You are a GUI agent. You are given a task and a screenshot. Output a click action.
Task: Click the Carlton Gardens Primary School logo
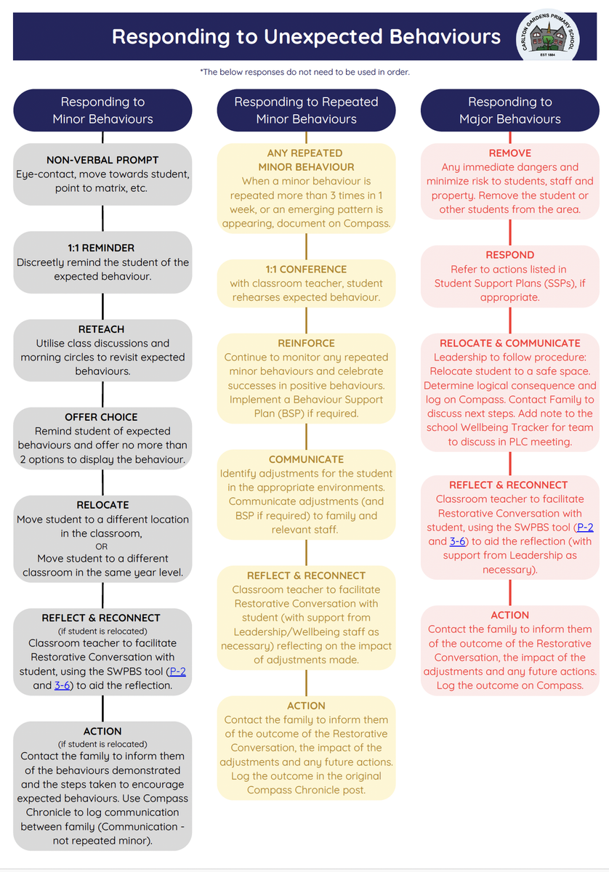click(547, 36)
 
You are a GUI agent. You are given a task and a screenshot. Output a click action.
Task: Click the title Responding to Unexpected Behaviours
click(306, 36)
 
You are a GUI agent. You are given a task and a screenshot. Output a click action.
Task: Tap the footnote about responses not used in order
click(304, 72)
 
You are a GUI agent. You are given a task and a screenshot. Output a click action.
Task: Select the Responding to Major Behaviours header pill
click(509, 110)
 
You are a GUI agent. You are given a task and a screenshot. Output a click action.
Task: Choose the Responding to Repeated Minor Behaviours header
click(306, 110)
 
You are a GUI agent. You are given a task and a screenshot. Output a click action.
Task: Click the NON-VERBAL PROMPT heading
click(102, 160)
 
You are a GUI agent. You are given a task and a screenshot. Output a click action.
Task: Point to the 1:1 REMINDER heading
click(101, 248)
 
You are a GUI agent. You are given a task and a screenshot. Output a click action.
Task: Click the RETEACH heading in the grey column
click(101, 329)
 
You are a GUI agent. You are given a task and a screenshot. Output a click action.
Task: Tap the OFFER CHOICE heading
click(101, 417)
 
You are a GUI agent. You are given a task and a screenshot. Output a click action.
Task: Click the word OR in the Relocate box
click(101, 546)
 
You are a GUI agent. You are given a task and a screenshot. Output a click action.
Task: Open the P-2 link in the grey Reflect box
click(178, 671)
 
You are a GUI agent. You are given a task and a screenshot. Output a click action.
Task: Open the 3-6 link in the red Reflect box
click(458, 541)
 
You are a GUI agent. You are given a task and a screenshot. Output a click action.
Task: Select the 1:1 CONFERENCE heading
click(306, 270)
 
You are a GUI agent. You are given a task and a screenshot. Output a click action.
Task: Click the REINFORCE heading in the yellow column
click(306, 343)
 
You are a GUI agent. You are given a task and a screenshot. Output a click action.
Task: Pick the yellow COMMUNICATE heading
click(306, 460)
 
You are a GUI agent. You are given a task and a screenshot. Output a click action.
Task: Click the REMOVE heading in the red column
click(509, 153)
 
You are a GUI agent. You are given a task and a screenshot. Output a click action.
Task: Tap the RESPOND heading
click(509, 255)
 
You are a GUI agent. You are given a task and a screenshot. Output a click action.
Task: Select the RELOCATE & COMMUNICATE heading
click(509, 343)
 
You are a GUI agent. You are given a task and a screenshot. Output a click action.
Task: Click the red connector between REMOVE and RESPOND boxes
click(510, 233)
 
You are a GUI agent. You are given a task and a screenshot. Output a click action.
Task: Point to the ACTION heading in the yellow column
click(306, 706)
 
